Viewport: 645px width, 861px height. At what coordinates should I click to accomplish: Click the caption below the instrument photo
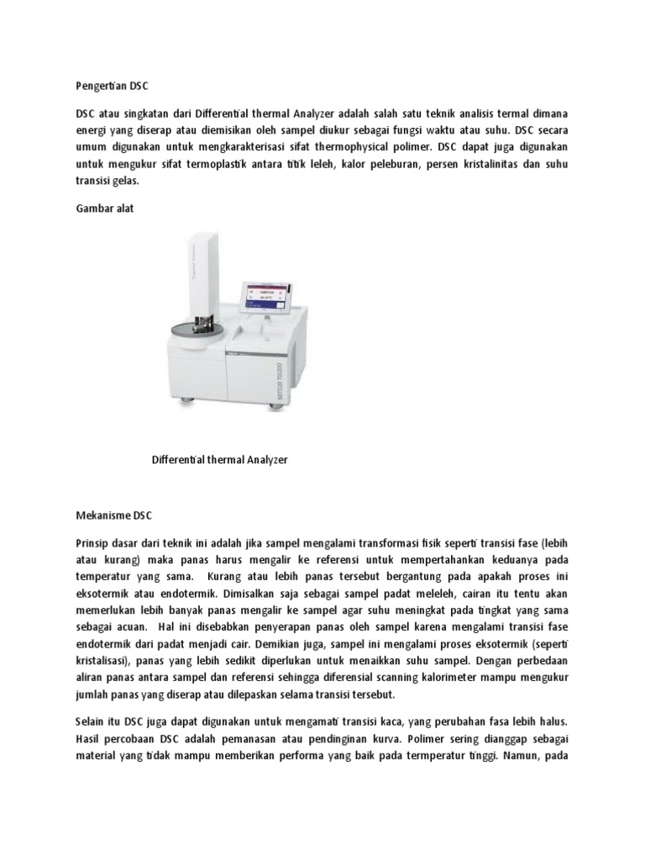tap(219, 460)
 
